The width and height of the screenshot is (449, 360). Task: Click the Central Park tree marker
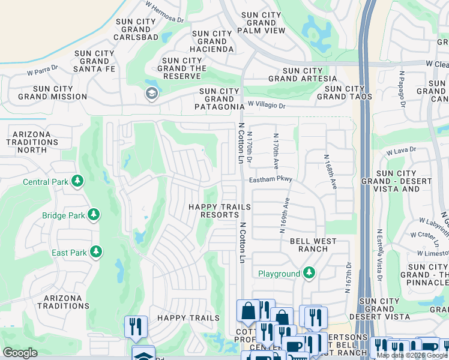point(77,181)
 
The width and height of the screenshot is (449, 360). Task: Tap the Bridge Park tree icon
point(93,215)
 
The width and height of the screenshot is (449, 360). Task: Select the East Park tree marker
point(94,252)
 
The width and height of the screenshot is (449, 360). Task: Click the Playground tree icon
point(309,274)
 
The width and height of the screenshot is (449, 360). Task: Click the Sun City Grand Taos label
point(344,92)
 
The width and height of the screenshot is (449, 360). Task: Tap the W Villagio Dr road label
point(268,105)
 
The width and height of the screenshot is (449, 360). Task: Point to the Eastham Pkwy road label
point(271,179)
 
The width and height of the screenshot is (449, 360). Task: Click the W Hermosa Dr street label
point(164,11)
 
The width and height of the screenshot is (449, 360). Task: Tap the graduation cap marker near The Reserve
point(151,94)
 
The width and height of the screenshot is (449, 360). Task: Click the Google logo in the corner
point(20,353)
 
